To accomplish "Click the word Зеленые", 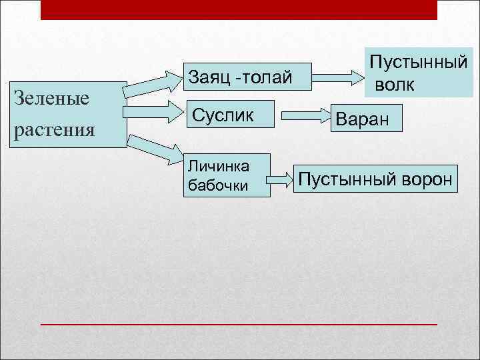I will point(51,99).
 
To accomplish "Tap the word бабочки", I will point(218,186).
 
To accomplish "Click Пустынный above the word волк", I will point(418,65).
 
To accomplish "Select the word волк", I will point(394,85).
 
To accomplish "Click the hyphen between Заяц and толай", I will point(234,79).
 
